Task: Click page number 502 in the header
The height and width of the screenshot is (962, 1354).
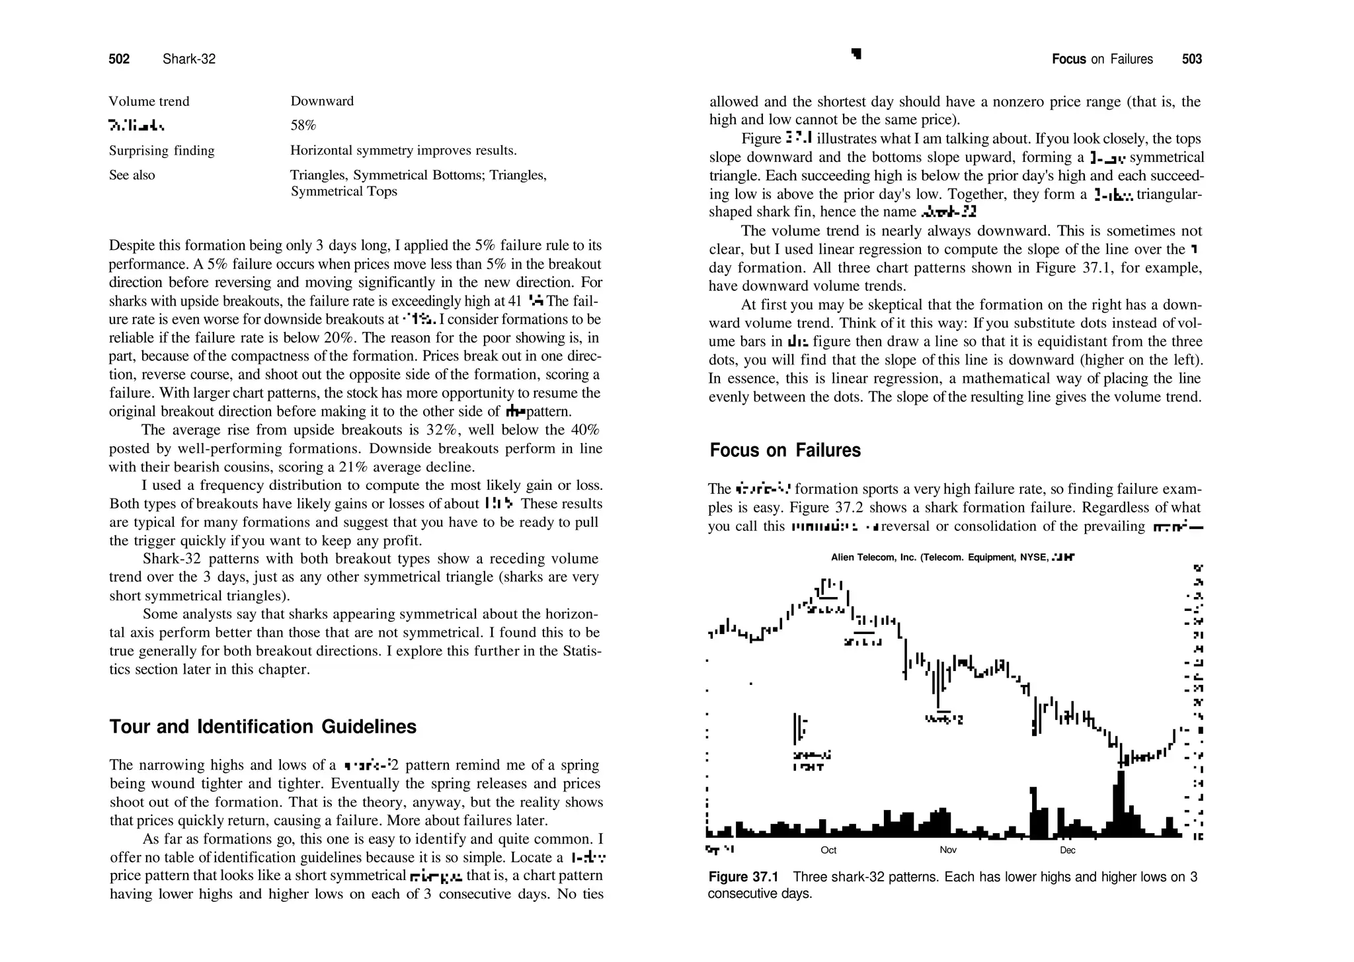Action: (x=119, y=60)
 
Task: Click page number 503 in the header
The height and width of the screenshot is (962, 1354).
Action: (x=1191, y=60)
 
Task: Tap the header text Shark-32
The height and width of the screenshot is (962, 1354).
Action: (x=189, y=60)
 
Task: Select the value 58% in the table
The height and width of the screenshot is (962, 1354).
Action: (x=303, y=125)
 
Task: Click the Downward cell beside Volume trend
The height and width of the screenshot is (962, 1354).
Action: (x=322, y=101)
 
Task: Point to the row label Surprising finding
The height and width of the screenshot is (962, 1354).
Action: (x=161, y=151)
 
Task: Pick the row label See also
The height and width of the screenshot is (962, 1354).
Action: (x=132, y=175)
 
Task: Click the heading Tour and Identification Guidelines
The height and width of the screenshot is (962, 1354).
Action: (x=262, y=727)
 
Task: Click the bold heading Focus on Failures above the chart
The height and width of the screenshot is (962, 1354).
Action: (x=785, y=450)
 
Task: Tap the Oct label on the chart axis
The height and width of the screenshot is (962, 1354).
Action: (x=828, y=850)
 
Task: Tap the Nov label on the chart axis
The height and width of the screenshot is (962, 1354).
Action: (x=947, y=850)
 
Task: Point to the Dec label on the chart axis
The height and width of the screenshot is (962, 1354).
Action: (x=1067, y=850)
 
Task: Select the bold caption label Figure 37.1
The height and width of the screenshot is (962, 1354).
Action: (x=743, y=877)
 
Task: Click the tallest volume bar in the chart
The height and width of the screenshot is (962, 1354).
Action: (x=1119, y=803)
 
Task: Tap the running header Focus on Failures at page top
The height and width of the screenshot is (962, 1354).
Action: (x=1102, y=60)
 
